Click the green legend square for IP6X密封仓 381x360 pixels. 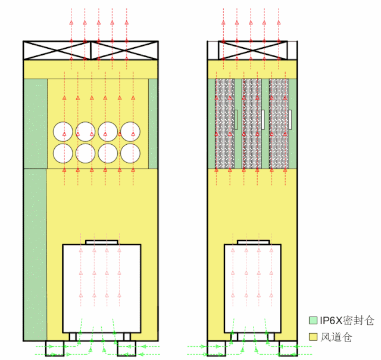[x=313, y=320]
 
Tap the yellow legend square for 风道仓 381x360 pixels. [x=313, y=337]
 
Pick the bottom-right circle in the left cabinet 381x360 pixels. [x=131, y=153]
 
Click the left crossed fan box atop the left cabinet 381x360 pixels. [x=57, y=51]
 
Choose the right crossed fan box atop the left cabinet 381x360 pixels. [x=124, y=51]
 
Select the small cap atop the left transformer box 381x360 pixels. [x=102, y=242]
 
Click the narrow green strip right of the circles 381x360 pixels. [x=153, y=123]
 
